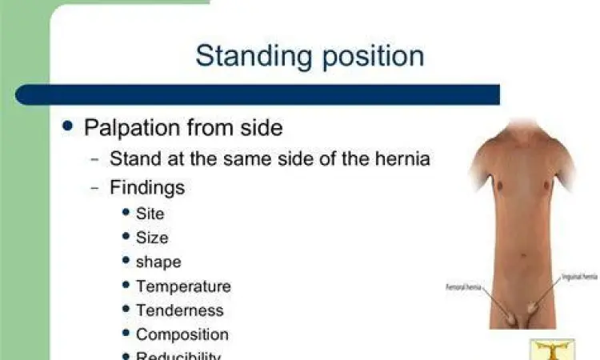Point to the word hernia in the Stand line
(403, 158)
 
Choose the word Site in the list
(150, 213)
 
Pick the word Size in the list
(152, 238)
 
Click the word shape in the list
(158, 262)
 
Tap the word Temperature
(183, 286)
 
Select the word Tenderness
(180, 310)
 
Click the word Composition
(182, 334)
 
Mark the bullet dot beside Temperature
(126, 285)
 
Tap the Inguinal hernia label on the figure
(578, 277)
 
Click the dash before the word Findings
(95, 188)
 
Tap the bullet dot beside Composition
(126, 333)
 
